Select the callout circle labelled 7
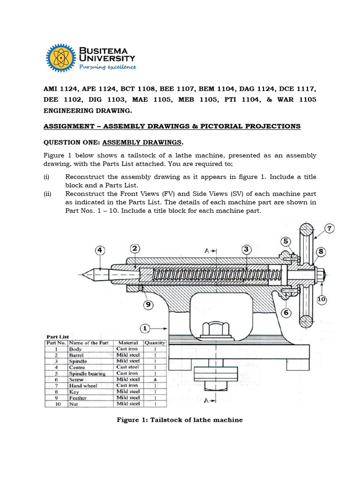pos(329,229)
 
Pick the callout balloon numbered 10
pos(321,299)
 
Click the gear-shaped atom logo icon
pos(61,58)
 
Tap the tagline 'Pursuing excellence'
pos(107,67)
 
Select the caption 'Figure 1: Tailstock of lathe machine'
pos(180,420)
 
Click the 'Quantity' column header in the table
pos(155,343)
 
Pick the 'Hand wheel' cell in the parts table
pos(82,385)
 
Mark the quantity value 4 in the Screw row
pos(154,379)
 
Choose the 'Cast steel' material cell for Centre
pos(127,367)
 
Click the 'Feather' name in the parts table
pos(79,397)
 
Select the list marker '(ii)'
pos(47,194)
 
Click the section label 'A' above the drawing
pos(207,251)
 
